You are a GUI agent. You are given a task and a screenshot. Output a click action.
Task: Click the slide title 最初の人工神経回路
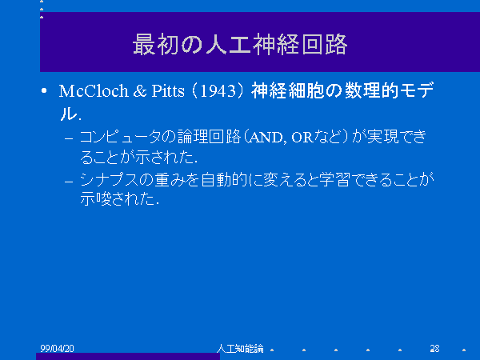point(240,44)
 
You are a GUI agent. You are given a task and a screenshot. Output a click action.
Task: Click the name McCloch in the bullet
point(94,91)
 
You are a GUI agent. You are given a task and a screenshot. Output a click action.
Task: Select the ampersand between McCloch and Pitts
point(140,91)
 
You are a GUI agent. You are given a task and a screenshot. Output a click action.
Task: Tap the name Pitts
point(168,91)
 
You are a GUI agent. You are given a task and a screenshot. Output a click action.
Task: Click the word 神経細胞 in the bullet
point(287,91)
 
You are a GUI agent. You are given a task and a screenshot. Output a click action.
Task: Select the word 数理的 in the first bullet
point(371,91)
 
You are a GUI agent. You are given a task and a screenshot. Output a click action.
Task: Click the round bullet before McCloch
point(44,90)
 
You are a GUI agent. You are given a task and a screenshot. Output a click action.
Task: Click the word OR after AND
point(302,138)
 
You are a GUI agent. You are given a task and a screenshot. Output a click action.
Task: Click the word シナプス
point(110,179)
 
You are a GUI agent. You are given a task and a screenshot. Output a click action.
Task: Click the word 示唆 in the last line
point(95,198)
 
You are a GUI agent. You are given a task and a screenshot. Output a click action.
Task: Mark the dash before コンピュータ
point(69,138)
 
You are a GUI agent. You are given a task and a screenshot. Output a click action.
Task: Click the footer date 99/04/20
point(58,348)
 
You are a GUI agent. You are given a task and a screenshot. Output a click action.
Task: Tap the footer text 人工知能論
point(240,348)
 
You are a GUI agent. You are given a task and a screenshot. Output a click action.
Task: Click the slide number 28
point(434,348)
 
